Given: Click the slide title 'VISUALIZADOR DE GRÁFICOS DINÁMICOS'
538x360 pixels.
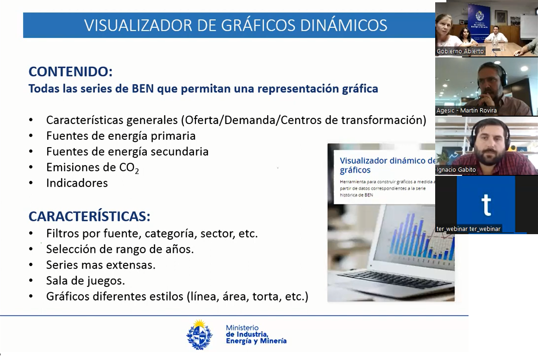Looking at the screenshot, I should (236, 25).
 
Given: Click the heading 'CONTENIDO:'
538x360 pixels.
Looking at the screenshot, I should (71, 72).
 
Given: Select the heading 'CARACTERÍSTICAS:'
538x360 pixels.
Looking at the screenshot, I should (89, 217).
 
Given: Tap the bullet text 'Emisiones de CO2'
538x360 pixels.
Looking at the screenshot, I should (93, 168).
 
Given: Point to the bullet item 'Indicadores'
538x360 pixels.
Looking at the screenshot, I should (77, 183).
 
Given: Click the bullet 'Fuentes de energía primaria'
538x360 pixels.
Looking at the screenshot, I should (121, 136).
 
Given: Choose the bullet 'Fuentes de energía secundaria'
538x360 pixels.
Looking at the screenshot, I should (127, 151).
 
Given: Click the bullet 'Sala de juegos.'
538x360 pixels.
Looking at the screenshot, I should (86, 280).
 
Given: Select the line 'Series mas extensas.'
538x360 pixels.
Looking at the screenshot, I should (100, 265).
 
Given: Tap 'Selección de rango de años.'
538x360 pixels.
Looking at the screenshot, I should (120, 249).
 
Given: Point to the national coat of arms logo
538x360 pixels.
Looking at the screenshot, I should (200, 335).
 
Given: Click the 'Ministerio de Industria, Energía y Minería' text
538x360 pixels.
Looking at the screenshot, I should (256, 334).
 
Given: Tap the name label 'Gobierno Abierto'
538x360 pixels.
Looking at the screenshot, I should (460, 51).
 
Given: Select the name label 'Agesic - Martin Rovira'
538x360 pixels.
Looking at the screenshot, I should (466, 111).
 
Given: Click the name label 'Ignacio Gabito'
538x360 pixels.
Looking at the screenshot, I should (456, 170).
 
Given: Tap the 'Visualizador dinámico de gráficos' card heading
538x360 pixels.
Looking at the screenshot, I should (387, 165).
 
